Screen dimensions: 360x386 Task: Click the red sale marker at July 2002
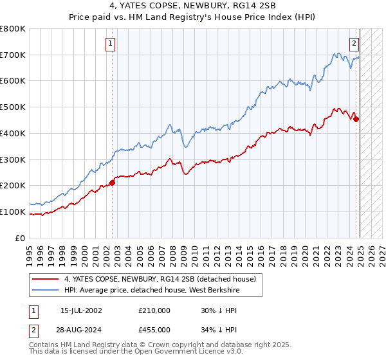(x=112, y=183)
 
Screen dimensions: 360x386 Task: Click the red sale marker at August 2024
(x=356, y=118)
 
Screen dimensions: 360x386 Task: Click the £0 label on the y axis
(x=21, y=238)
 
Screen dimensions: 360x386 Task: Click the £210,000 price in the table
(x=154, y=310)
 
